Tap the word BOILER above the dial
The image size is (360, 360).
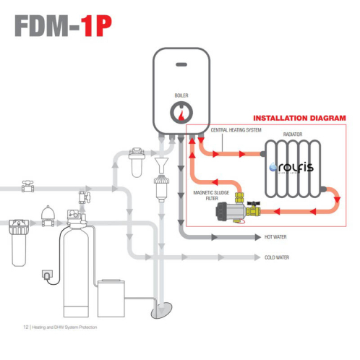181,95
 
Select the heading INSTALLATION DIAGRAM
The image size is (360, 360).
299,118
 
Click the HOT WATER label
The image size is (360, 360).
276,236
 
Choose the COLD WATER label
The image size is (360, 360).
277,257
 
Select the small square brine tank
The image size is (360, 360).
113,296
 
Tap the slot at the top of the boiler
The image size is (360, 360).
181,64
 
